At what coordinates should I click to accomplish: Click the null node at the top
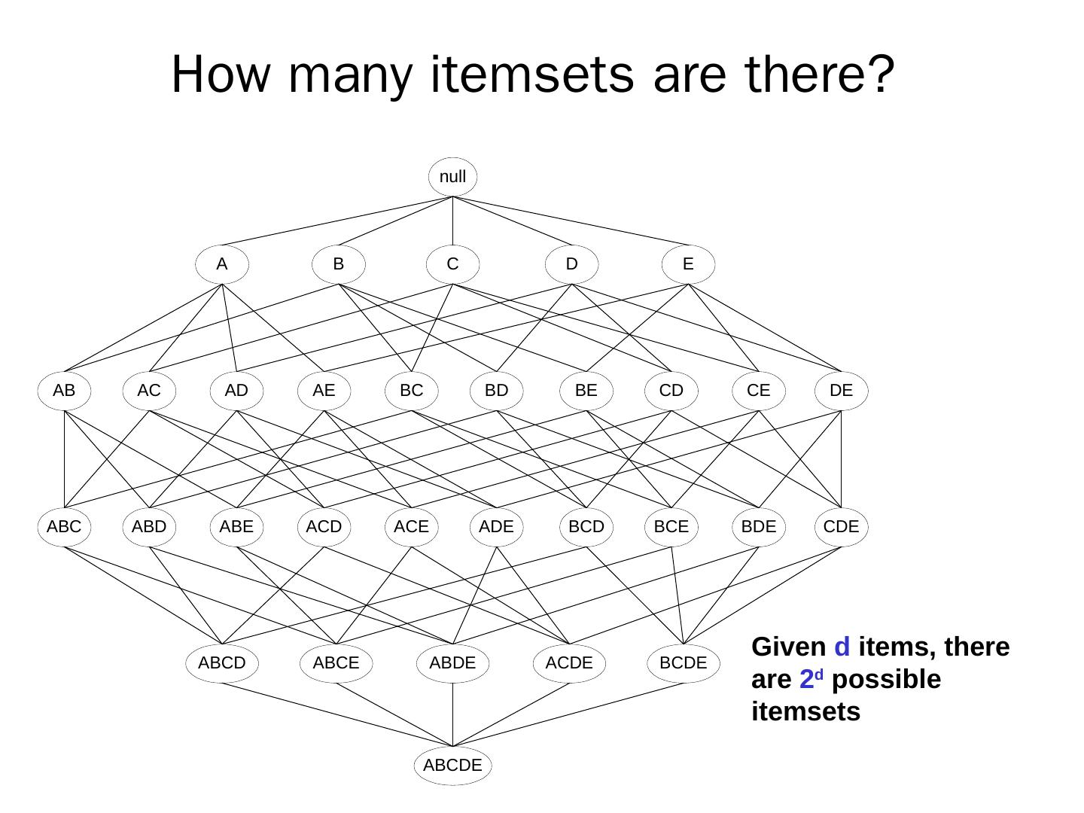coord(452,177)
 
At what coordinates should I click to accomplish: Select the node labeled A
coord(221,264)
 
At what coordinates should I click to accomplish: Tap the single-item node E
coord(687,264)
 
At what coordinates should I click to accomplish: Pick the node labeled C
coord(452,264)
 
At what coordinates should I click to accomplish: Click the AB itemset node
coord(64,391)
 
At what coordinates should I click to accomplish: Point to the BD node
coord(496,391)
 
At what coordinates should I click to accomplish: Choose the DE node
coord(841,391)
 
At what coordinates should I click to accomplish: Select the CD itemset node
coord(671,391)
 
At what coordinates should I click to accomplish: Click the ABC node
coord(64,526)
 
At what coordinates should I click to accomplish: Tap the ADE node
coord(496,526)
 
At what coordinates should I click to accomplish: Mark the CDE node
coord(841,526)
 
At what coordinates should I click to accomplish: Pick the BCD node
coord(586,526)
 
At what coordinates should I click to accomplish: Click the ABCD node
coord(221,663)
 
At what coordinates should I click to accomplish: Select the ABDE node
coord(452,663)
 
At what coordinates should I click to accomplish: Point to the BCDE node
coord(683,663)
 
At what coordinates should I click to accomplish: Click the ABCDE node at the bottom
coord(452,766)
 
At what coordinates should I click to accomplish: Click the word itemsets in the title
coord(532,75)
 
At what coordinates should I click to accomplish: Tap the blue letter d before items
coord(842,647)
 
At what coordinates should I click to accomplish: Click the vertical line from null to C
coord(452,221)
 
